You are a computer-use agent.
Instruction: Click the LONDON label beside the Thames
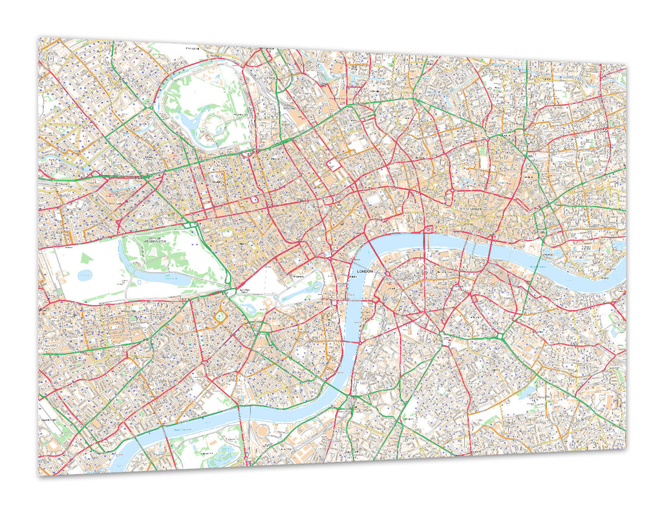365,272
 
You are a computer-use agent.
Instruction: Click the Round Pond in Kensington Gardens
85,275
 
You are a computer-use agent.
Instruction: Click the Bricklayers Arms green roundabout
502,337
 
